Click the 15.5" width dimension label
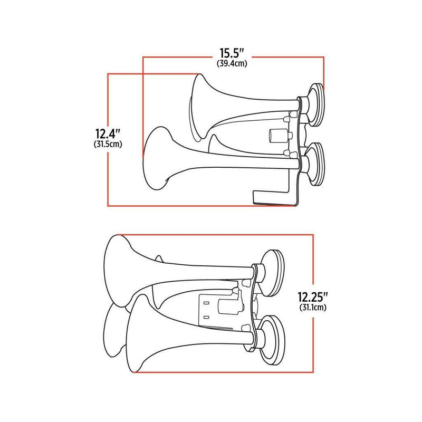(x=232, y=54)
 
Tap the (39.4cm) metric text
(x=232, y=63)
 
